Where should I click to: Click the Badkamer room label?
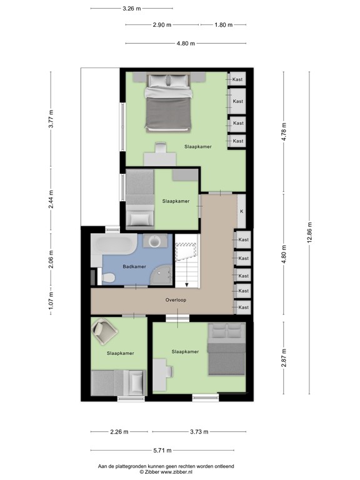[x=134, y=266]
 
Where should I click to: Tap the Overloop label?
[x=176, y=300]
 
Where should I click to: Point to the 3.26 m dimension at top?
[x=131, y=8]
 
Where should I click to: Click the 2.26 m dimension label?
[x=119, y=432]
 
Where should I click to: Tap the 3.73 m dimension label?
[x=198, y=432]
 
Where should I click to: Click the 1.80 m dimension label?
[x=223, y=25]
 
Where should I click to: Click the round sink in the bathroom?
[x=154, y=241]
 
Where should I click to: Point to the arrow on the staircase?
[x=186, y=284]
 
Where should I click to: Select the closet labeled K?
[x=241, y=211]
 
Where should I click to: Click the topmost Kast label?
[x=237, y=79]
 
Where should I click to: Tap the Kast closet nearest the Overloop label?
[x=243, y=307]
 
